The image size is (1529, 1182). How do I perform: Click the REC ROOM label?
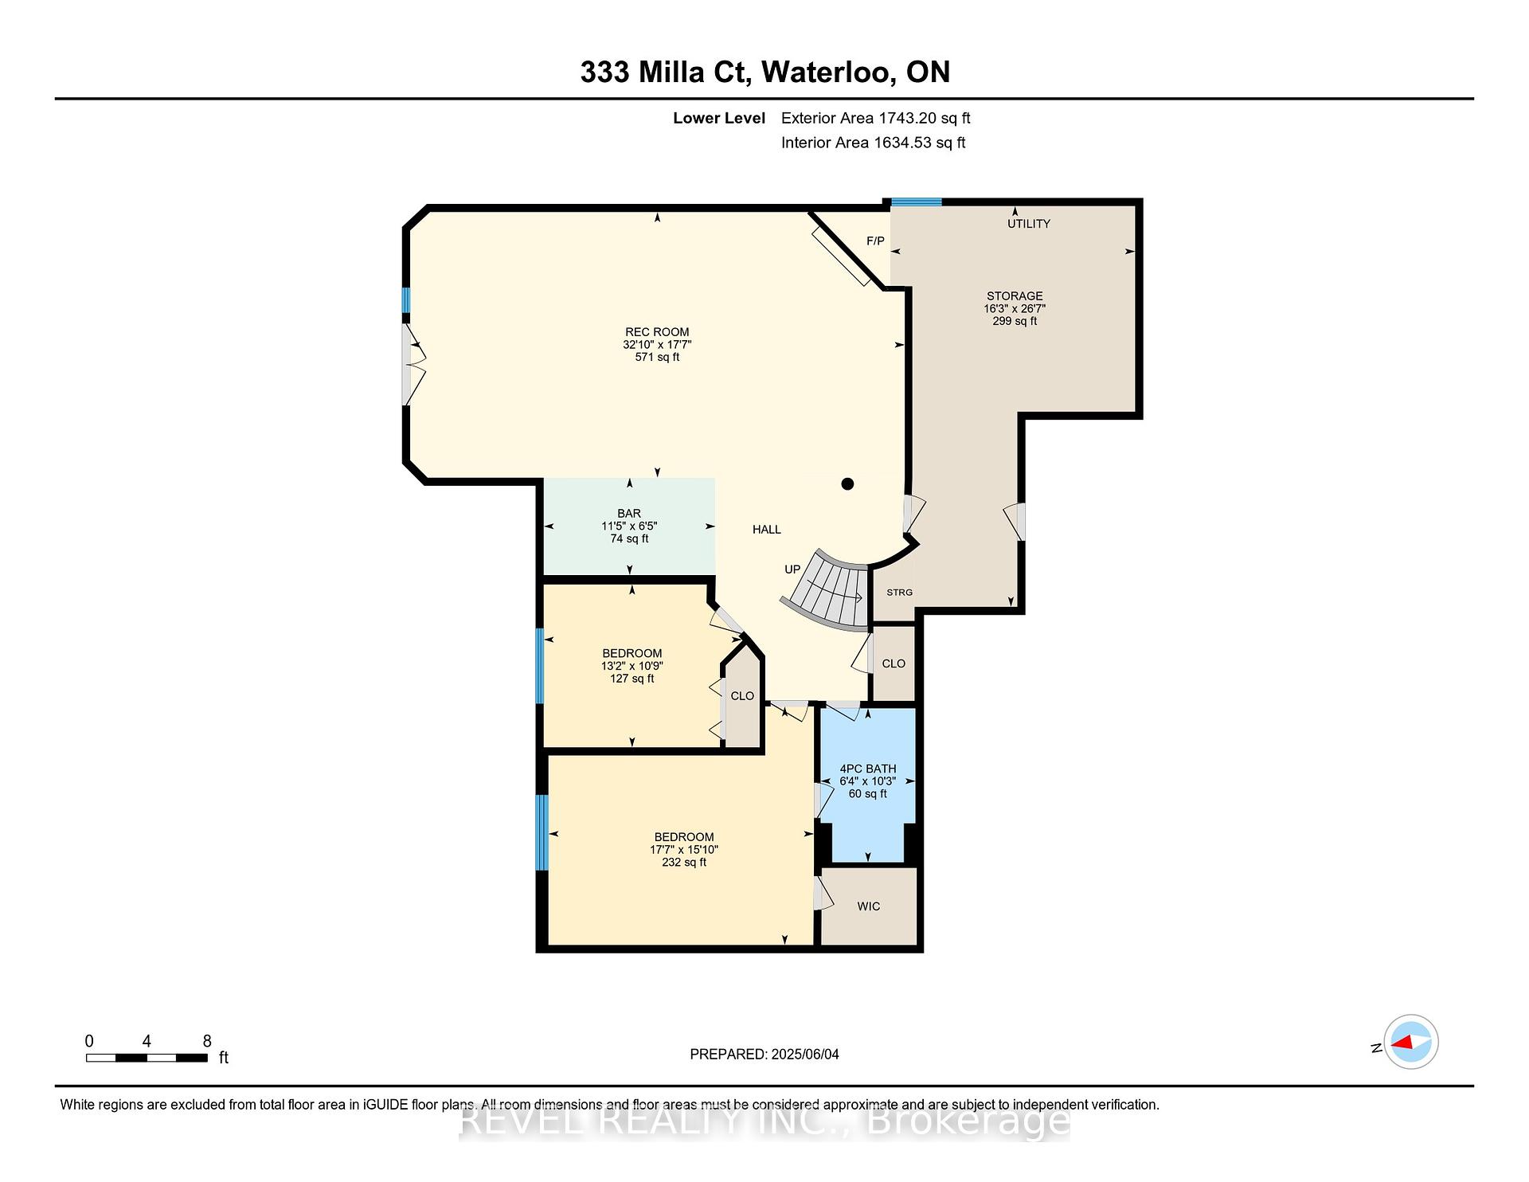[x=657, y=332]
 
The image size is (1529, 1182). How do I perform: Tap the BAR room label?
[x=629, y=514]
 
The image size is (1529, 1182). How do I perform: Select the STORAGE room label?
[x=1015, y=295]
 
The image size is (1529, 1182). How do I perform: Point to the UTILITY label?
[x=1029, y=224]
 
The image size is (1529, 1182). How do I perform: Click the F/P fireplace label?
[x=875, y=241]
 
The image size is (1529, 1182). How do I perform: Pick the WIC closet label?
[x=869, y=906]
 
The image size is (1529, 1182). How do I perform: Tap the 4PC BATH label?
[x=868, y=769]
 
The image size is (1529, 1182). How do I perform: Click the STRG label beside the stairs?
[x=900, y=593]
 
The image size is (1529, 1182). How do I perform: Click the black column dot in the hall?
[x=848, y=483]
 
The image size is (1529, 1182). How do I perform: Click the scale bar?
[x=147, y=1058]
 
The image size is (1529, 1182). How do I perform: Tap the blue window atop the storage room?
[x=916, y=202]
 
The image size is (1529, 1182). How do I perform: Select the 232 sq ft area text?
[x=684, y=862]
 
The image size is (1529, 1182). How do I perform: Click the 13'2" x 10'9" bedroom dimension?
[x=632, y=666]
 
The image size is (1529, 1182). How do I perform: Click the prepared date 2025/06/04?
[x=805, y=1055]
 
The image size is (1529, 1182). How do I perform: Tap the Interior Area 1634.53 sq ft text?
[x=874, y=143]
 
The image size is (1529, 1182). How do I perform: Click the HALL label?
[x=767, y=530]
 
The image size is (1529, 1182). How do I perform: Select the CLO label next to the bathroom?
[x=894, y=663]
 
